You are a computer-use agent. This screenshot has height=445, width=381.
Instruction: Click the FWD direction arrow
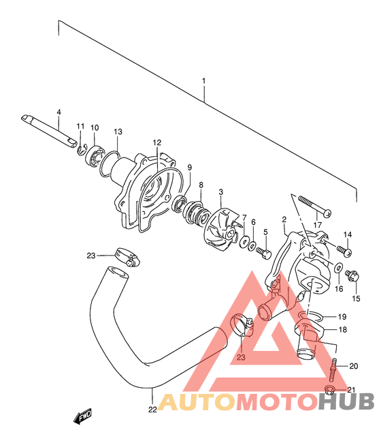point(83,416)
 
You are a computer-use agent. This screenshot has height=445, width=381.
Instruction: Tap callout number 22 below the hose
point(152,410)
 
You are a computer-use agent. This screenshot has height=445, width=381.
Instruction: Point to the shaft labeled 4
point(49,131)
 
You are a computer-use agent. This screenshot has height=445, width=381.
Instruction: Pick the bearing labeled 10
point(95,156)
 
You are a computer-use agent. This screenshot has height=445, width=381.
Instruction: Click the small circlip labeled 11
point(80,150)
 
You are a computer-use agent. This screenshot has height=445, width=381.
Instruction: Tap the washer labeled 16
point(338,268)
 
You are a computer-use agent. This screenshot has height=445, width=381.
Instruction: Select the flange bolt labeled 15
point(352,276)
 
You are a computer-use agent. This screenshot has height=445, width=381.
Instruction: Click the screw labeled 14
point(344,251)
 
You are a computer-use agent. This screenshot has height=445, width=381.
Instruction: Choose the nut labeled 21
point(329,390)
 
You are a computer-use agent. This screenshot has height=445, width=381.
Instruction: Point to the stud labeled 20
point(333,369)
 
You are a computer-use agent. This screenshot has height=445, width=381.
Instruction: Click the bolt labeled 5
point(263,251)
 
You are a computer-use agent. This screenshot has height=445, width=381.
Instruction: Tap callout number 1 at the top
point(203,81)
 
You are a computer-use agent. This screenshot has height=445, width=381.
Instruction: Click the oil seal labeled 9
point(179,203)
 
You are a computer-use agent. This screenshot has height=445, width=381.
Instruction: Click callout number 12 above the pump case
point(157,142)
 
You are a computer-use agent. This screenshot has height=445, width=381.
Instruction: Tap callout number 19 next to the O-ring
point(342,316)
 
